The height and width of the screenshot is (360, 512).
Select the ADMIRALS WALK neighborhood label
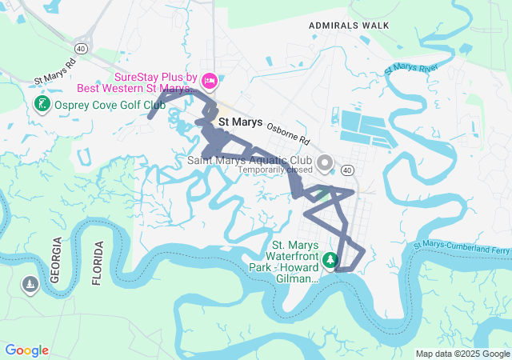coord(349,26)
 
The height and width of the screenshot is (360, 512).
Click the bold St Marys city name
coord(240,122)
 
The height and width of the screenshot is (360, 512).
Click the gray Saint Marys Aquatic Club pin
coord(325,164)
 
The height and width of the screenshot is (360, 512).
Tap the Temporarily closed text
coord(274,170)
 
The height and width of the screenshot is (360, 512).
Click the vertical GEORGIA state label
coord(55,260)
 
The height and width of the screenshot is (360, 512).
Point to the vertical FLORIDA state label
coord(97,263)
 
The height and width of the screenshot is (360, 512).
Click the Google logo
coord(27,350)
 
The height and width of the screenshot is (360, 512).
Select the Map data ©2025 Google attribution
coord(462,354)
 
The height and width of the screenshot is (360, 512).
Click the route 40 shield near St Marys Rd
coord(82,48)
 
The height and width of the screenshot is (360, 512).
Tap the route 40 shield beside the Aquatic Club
coord(346,170)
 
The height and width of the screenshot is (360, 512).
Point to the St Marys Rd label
coord(55,71)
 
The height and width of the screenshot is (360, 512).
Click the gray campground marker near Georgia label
coord(30,286)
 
